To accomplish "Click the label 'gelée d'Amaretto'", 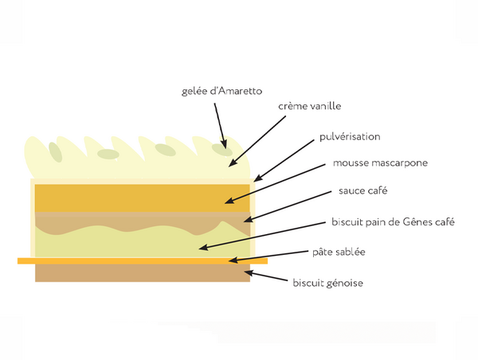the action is click(x=221, y=91).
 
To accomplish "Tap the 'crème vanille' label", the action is click(x=309, y=106).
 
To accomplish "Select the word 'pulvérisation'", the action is click(x=350, y=136).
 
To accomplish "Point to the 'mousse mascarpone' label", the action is click(x=380, y=162).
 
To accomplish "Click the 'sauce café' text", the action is click(x=362, y=191).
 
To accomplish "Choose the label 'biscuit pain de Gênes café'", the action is click(x=393, y=221).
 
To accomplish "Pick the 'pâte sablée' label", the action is click(x=339, y=252).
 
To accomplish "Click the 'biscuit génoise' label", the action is click(x=327, y=283).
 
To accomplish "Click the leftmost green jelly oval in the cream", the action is click(x=56, y=152).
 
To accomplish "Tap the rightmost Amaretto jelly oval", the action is click(x=222, y=150).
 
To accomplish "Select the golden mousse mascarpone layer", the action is click(x=143, y=198).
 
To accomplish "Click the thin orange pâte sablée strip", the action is click(x=143, y=261).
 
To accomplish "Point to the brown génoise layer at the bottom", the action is click(x=143, y=273).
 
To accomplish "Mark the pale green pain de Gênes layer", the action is click(x=143, y=244).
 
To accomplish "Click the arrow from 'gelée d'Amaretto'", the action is click(x=221, y=126).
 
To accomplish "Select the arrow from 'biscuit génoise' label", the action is click(x=266, y=276).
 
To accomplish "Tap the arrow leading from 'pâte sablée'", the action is click(x=268, y=256).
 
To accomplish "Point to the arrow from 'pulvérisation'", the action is click(x=284, y=161).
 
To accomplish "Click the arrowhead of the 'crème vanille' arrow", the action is click(x=233, y=162).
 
